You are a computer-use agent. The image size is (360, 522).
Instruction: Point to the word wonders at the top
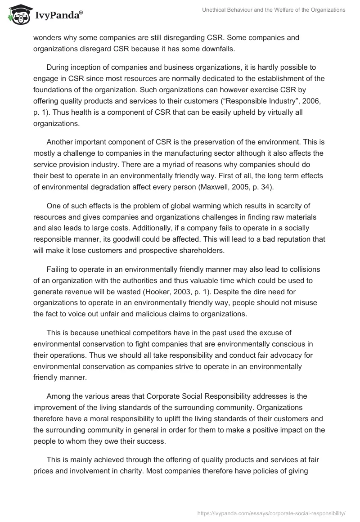[x=47, y=37]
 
